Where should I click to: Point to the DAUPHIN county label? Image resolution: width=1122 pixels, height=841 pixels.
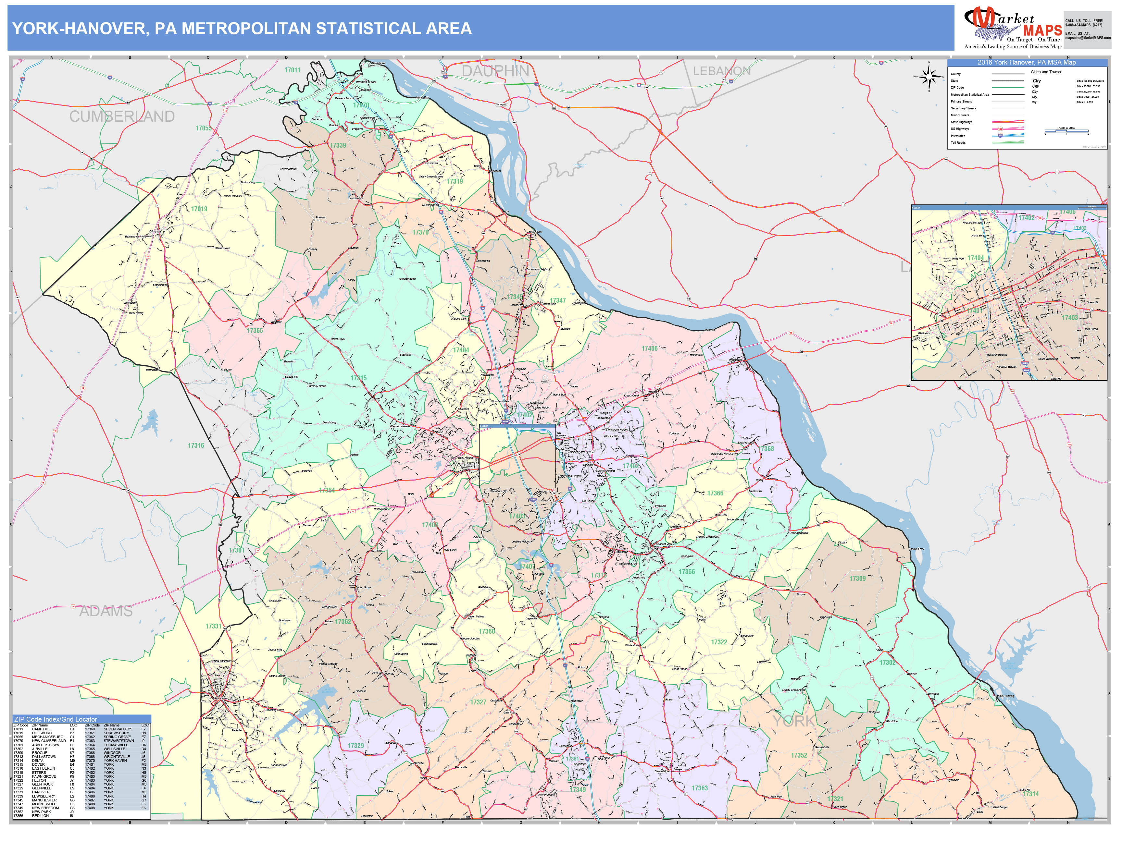click(x=495, y=71)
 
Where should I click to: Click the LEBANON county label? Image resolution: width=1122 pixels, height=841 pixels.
click(x=721, y=71)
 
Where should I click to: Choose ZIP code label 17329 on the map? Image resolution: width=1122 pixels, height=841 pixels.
click(x=355, y=745)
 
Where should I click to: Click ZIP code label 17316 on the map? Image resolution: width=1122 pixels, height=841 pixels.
click(x=196, y=445)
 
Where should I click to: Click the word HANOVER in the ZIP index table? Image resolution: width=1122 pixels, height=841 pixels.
click(x=41, y=792)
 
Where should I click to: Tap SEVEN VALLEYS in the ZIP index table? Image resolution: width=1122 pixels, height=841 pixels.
click(x=118, y=729)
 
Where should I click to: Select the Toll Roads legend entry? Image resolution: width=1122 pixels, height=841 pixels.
click(x=958, y=142)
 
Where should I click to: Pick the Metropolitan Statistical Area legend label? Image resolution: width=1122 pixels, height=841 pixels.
click(x=969, y=95)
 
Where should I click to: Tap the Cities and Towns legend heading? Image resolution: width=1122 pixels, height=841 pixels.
click(x=1045, y=72)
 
